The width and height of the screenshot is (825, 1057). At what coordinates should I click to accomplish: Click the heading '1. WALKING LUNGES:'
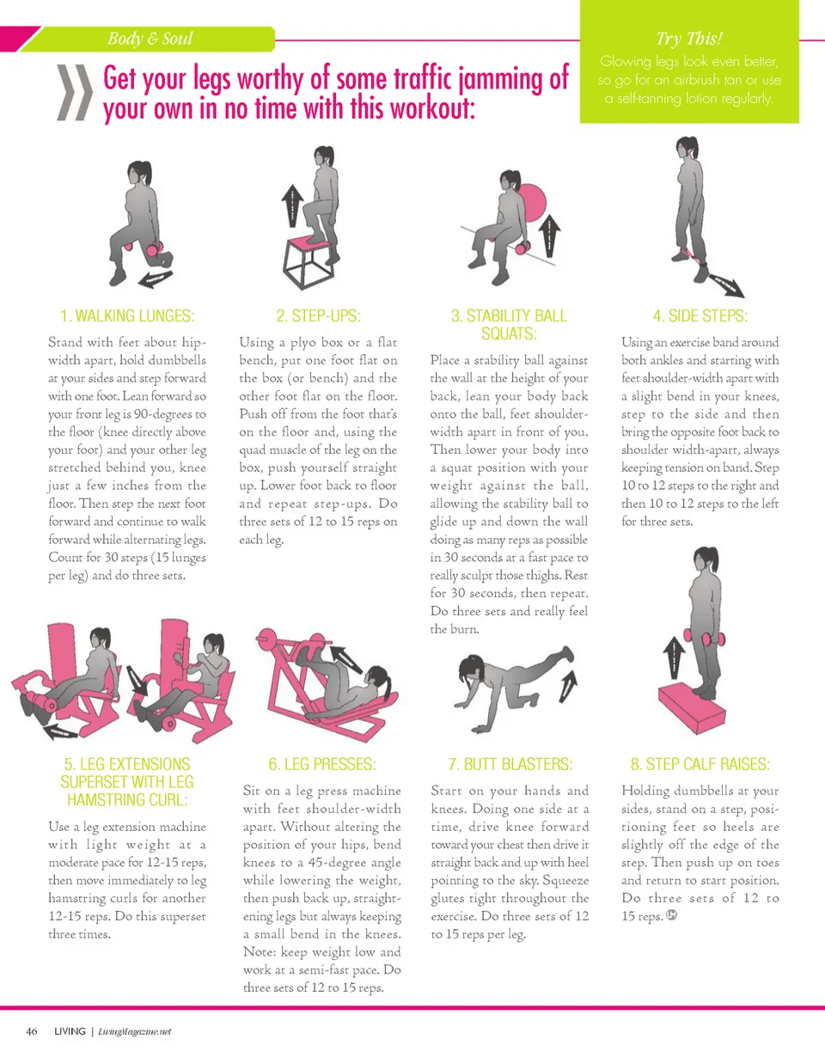tap(127, 315)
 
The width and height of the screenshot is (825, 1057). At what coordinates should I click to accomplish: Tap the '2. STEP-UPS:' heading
tap(319, 315)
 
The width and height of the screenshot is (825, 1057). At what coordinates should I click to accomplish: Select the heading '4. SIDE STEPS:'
tap(700, 315)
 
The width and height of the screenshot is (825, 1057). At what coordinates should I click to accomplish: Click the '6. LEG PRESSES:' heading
tap(322, 764)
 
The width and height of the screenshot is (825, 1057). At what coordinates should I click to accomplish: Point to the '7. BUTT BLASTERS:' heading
tap(510, 764)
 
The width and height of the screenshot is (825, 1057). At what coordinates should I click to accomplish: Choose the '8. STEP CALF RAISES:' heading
tap(700, 764)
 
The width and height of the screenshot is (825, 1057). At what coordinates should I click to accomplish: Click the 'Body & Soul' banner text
tap(150, 39)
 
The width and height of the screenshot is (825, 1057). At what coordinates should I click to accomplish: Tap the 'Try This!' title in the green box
tap(689, 39)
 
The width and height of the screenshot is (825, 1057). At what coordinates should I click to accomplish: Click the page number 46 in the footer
tap(32, 1031)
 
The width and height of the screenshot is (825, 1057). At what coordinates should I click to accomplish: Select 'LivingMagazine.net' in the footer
tap(134, 1032)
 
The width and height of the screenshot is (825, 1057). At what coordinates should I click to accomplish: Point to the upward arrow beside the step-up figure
tap(292, 205)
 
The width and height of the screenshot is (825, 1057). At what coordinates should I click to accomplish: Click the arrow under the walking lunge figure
tap(156, 279)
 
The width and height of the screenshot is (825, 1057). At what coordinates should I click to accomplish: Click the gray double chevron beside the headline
tap(75, 93)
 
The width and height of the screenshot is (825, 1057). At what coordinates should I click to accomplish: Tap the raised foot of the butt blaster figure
tap(567, 653)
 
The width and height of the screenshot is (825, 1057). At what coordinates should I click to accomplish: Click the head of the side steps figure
tap(687, 147)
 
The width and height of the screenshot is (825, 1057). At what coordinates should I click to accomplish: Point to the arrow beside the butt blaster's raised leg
tap(568, 687)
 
